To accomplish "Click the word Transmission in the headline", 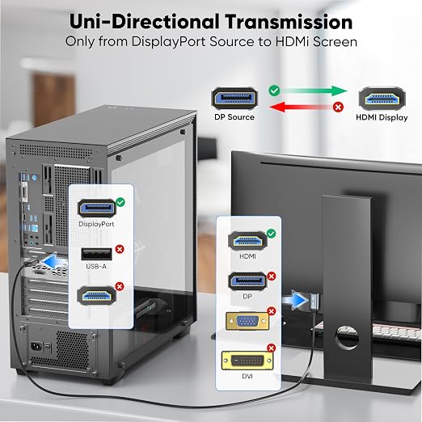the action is click(289, 22).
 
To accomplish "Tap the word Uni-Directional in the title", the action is click(144, 22).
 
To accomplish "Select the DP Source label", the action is click(234, 117).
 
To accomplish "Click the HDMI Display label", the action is click(382, 117).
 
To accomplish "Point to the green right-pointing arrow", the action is click(314, 91).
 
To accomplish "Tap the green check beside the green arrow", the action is click(274, 91).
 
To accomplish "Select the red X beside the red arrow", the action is click(338, 107).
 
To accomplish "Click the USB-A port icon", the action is click(96, 254).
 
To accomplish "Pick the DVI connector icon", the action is click(247, 361).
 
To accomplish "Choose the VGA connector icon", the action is click(247, 322).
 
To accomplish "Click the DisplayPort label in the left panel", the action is click(96, 224).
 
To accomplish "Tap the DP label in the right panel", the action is click(247, 297).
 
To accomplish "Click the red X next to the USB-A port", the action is click(120, 249).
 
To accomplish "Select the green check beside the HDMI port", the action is click(271, 234).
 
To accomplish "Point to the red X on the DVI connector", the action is click(271, 348).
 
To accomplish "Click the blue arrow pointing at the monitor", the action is click(295, 300).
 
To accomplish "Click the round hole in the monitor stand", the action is click(347, 337).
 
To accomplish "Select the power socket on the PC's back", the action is click(37, 346).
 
